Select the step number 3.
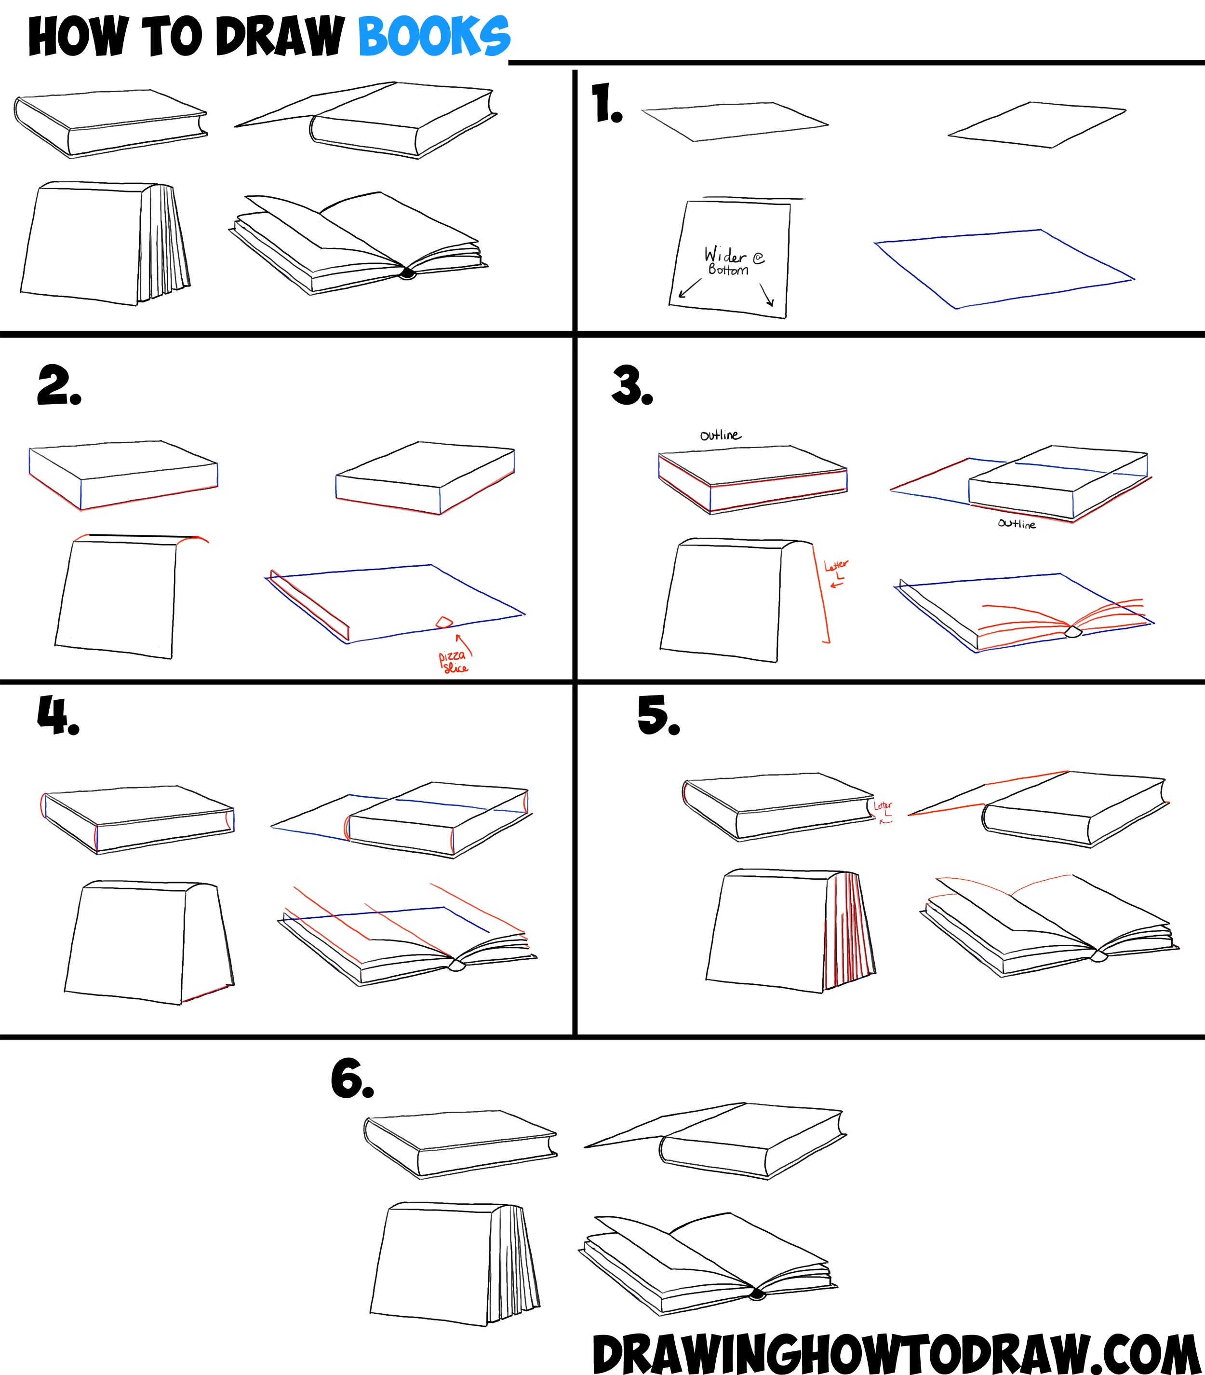click(631, 387)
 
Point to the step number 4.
click(58, 716)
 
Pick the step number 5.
click(657, 716)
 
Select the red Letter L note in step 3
click(836, 569)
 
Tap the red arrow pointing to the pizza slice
click(465, 644)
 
